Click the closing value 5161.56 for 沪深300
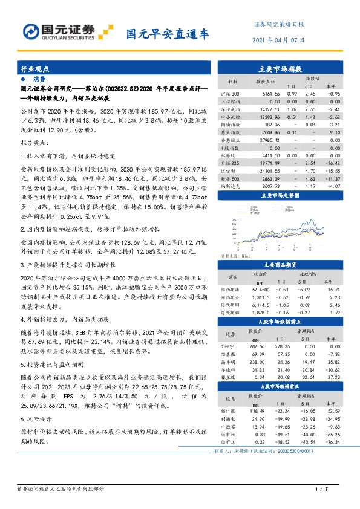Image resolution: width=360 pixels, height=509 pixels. click(x=266, y=94)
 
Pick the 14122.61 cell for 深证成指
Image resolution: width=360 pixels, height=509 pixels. click(x=266, y=108)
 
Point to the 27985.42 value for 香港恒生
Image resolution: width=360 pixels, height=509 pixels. click(x=266, y=140)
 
